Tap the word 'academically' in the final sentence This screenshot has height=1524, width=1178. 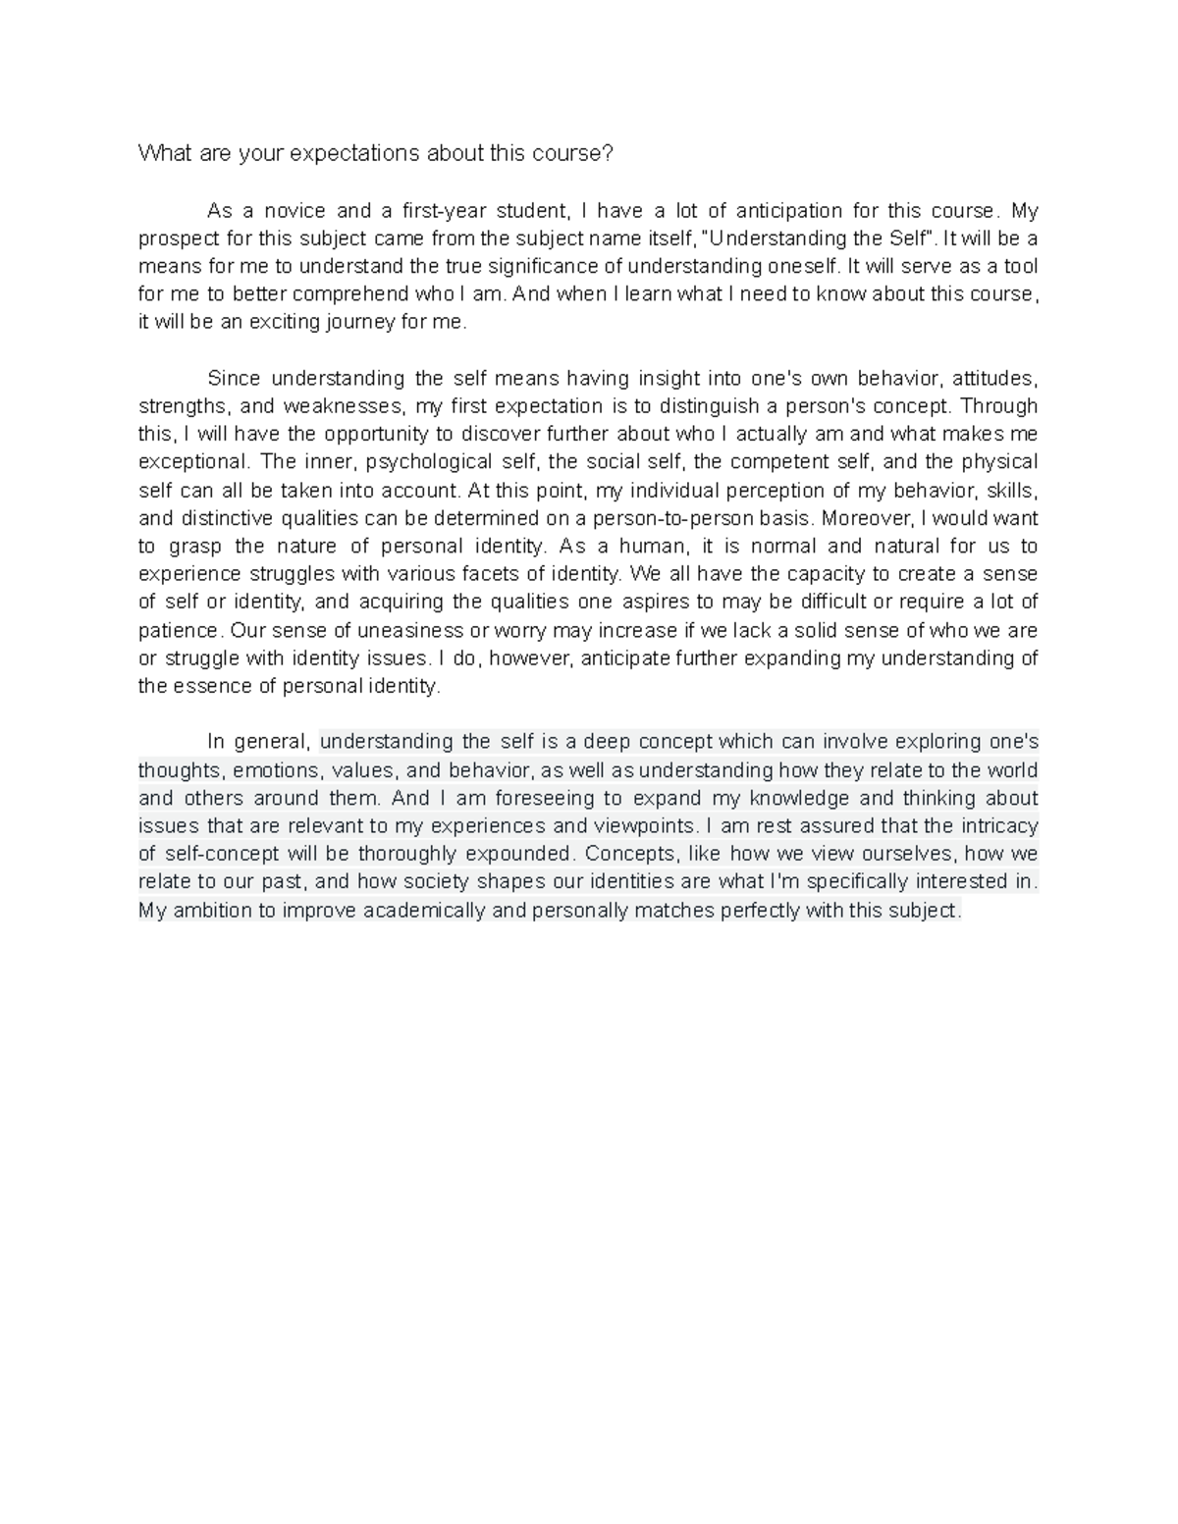click(424, 911)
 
